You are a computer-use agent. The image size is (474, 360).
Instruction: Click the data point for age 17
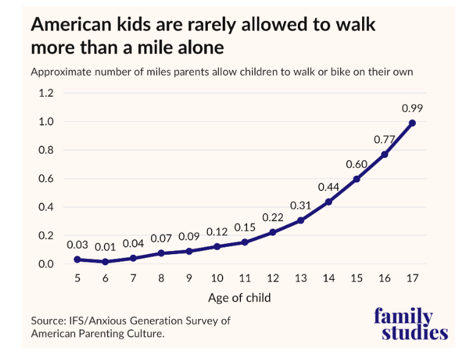pyautogui.click(x=412, y=123)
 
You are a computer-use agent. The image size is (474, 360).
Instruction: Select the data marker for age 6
pyautogui.click(x=105, y=261)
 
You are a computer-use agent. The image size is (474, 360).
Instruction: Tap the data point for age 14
pyautogui.click(x=328, y=202)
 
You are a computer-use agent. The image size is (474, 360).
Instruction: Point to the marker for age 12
pyautogui.click(x=273, y=233)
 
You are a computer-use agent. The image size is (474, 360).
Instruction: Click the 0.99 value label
pyautogui.click(x=412, y=108)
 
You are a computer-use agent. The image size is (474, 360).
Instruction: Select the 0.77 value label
pyautogui.click(x=385, y=140)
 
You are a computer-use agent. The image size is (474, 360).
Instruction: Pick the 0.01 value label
pyautogui.click(x=105, y=247)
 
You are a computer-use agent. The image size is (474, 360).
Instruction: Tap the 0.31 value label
pyautogui.click(x=300, y=205)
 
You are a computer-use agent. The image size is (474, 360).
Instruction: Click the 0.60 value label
pyautogui.click(x=357, y=164)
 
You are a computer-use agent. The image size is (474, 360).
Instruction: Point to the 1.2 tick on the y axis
pyautogui.click(x=46, y=94)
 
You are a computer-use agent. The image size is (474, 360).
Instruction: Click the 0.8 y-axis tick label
pyautogui.click(x=46, y=151)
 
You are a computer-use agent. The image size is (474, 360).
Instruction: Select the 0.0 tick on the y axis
pyautogui.click(x=46, y=264)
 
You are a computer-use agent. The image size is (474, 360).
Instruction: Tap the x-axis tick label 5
pyautogui.click(x=77, y=278)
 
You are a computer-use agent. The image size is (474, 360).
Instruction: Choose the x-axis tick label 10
pyautogui.click(x=217, y=278)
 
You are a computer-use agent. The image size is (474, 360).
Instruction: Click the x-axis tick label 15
pyautogui.click(x=357, y=278)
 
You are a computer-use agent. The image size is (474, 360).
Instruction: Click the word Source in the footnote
pyautogui.click(x=48, y=321)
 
